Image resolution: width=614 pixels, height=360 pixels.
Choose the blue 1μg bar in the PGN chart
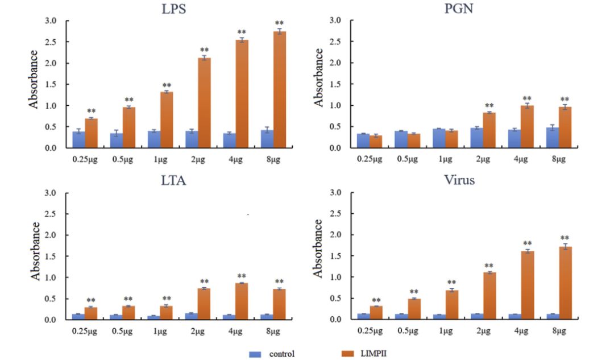[438, 138]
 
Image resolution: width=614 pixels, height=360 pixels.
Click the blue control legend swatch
[255, 354]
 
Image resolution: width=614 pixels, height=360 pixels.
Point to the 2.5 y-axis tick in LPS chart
[51, 42]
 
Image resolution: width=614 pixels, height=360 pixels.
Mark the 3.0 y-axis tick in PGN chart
[335, 21]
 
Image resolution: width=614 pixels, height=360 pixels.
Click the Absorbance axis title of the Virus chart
[319, 248]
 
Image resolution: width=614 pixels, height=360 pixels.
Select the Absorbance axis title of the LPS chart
[35, 79]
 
